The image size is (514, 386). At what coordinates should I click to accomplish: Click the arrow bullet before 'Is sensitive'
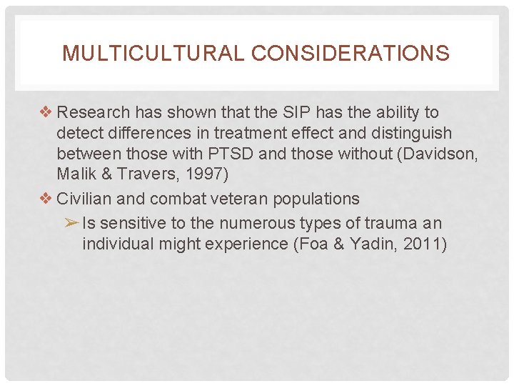71,223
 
